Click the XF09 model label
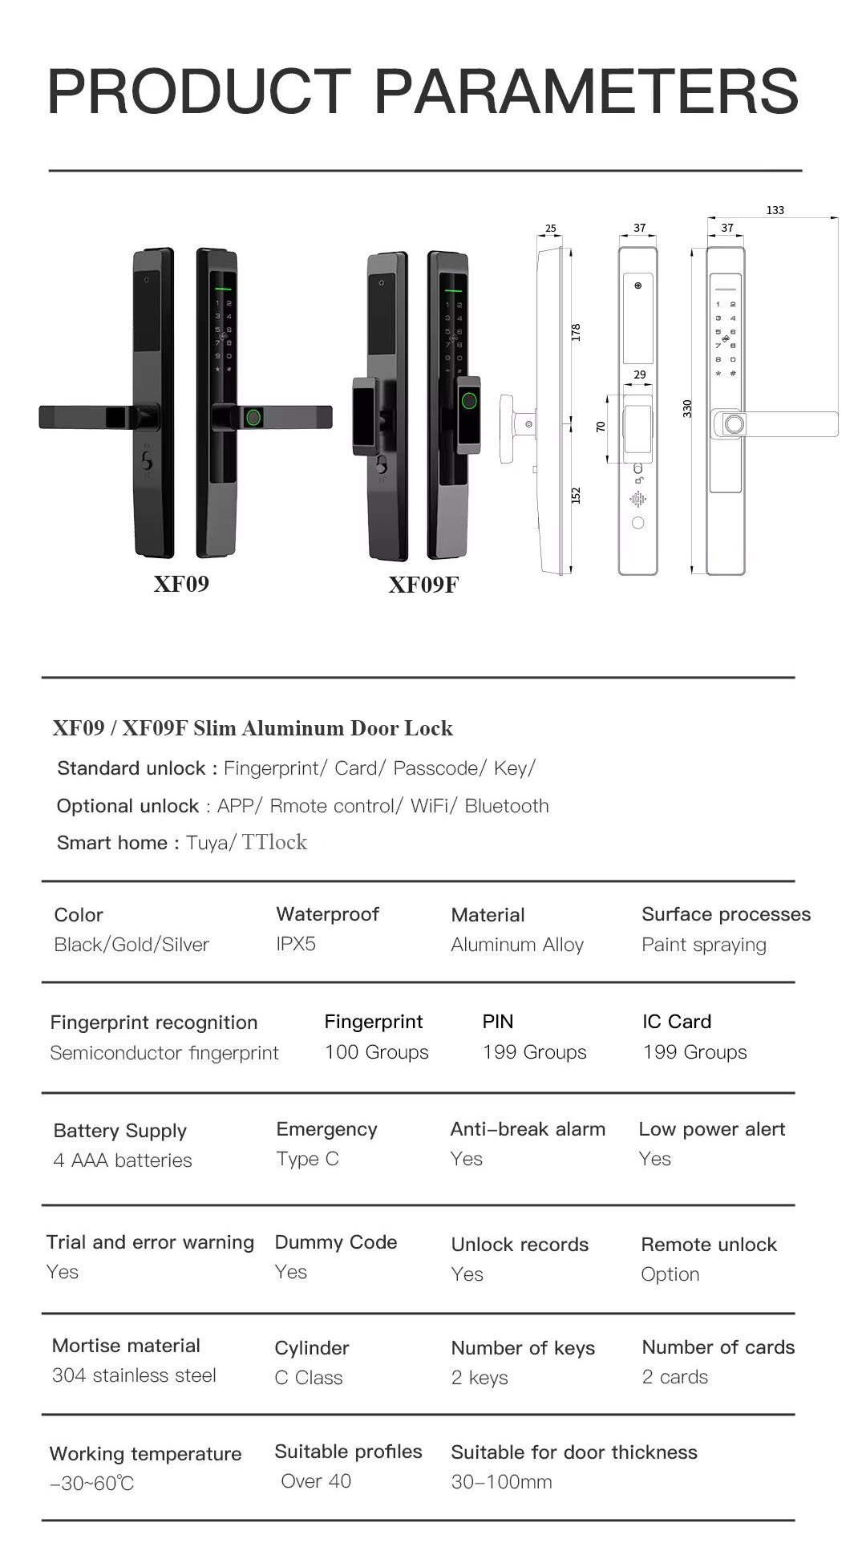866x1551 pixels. coord(181,583)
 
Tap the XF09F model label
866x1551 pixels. coord(423,585)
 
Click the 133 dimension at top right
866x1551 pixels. coord(775,210)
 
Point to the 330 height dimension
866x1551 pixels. coord(687,408)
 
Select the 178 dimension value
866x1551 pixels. coord(576,333)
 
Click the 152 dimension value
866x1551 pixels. coord(576,496)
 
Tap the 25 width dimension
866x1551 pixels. coord(551,229)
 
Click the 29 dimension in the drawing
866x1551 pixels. coord(639,375)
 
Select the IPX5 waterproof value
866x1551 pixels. coord(296,944)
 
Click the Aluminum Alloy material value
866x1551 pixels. coord(517,945)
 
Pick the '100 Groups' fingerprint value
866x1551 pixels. coord(376,1052)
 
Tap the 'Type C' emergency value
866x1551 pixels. coord(307,1159)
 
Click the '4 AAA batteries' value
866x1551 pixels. coord(123,1160)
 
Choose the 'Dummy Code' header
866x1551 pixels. coord(336,1242)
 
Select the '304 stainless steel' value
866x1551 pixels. coord(134,1375)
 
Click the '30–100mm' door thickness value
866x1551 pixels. coord(501,1482)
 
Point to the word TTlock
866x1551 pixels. coord(274,842)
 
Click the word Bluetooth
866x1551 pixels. coord(507,806)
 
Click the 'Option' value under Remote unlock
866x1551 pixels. coord(670,1274)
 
